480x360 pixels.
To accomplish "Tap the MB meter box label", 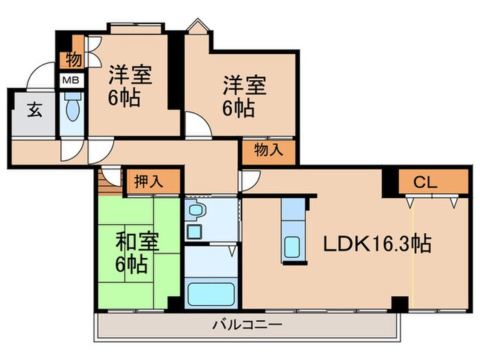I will click(x=71, y=80).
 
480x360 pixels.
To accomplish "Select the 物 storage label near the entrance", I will click(x=73, y=60).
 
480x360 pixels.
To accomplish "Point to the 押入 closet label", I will click(x=147, y=182).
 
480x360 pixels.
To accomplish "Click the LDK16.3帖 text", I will click(x=377, y=243).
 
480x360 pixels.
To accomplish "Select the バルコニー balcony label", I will click(x=246, y=323).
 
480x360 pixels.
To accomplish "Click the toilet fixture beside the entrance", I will click(x=72, y=108).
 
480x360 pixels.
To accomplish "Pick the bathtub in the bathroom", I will click(x=212, y=293).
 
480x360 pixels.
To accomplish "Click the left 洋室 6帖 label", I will click(x=129, y=85).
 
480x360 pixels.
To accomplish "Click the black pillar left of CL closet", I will click(x=390, y=181).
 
